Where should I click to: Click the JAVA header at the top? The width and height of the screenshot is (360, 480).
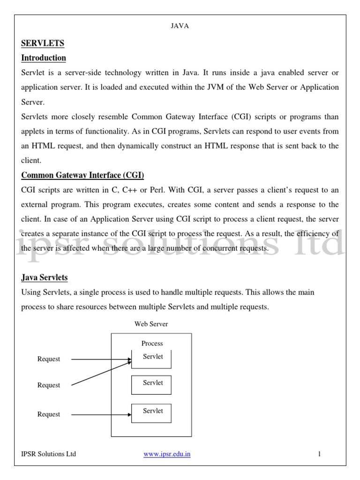(x=180, y=26)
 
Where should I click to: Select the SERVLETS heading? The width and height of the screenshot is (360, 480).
(x=43, y=44)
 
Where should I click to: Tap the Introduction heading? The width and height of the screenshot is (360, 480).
(x=44, y=58)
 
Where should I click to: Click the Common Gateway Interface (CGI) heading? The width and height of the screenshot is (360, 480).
(x=82, y=175)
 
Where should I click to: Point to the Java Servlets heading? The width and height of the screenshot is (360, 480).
(x=45, y=277)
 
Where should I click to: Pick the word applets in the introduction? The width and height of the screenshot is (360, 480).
(x=34, y=131)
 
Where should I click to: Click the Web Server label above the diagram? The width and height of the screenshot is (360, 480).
(x=151, y=324)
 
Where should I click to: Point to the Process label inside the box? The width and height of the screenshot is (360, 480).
(x=152, y=344)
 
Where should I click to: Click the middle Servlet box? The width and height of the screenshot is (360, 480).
(x=151, y=384)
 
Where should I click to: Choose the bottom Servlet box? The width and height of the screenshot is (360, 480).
(x=151, y=412)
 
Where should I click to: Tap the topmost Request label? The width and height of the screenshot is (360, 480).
(x=49, y=359)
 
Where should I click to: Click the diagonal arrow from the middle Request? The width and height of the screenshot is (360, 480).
(x=101, y=373)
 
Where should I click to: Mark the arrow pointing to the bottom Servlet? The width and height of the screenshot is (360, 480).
(x=101, y=414)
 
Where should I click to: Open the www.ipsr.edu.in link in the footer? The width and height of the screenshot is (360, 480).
(x=166, y=454)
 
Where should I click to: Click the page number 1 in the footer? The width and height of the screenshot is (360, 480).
(x=319, y=454)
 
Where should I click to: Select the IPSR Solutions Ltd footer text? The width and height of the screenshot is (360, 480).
(x=49, y=454)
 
